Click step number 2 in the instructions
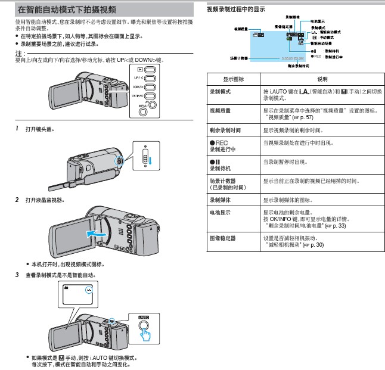(17, 200)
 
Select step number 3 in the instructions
(17, 275)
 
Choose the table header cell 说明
(322, 79)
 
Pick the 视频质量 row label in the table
(221, 111)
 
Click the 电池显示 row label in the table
(221, 212)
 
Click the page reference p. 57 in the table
(335, 117)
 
